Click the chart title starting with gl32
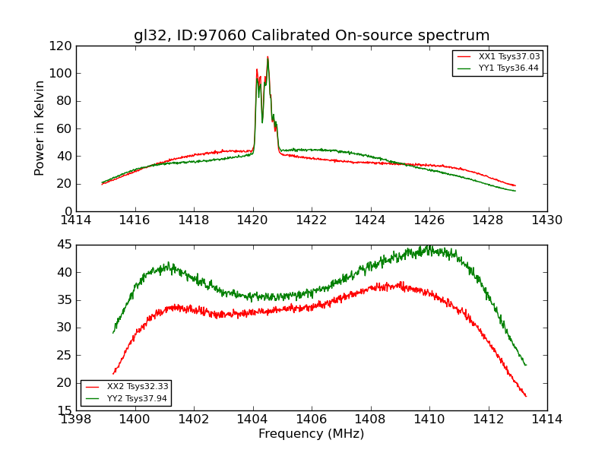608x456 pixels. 312,36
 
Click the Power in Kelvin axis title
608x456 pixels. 40,128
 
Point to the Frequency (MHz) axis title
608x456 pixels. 312,434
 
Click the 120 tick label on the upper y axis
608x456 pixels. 63,46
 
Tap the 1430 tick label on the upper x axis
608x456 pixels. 546,220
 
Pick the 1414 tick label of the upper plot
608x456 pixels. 77,220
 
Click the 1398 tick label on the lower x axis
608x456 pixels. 77,420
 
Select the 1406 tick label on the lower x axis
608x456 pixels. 312,420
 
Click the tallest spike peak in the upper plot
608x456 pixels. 268,56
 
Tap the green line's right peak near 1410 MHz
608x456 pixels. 429,246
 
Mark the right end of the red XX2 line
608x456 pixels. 525,396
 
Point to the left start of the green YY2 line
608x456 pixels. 113,333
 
